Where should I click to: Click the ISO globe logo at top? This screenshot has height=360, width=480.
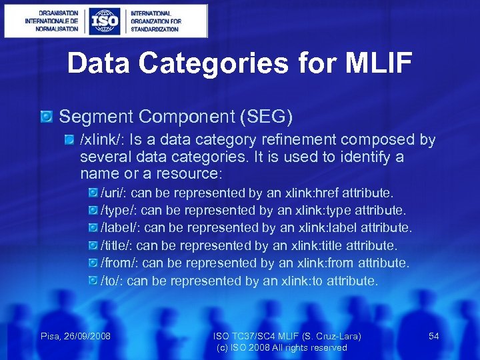click(105, 21)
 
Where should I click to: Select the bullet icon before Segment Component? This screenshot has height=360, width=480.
click(47, 117)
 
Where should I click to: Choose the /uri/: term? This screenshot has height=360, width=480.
click(114, 193)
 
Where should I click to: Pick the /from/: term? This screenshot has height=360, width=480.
click(119, 263)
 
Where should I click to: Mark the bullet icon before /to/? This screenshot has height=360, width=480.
click(93, 281)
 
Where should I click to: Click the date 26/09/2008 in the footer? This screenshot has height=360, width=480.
click(86, 336)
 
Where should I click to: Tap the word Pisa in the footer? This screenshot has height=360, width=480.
click(50, 336)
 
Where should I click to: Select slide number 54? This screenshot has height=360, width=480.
click(433, 336)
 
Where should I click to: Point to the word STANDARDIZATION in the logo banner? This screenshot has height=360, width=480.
click(155, 29)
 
